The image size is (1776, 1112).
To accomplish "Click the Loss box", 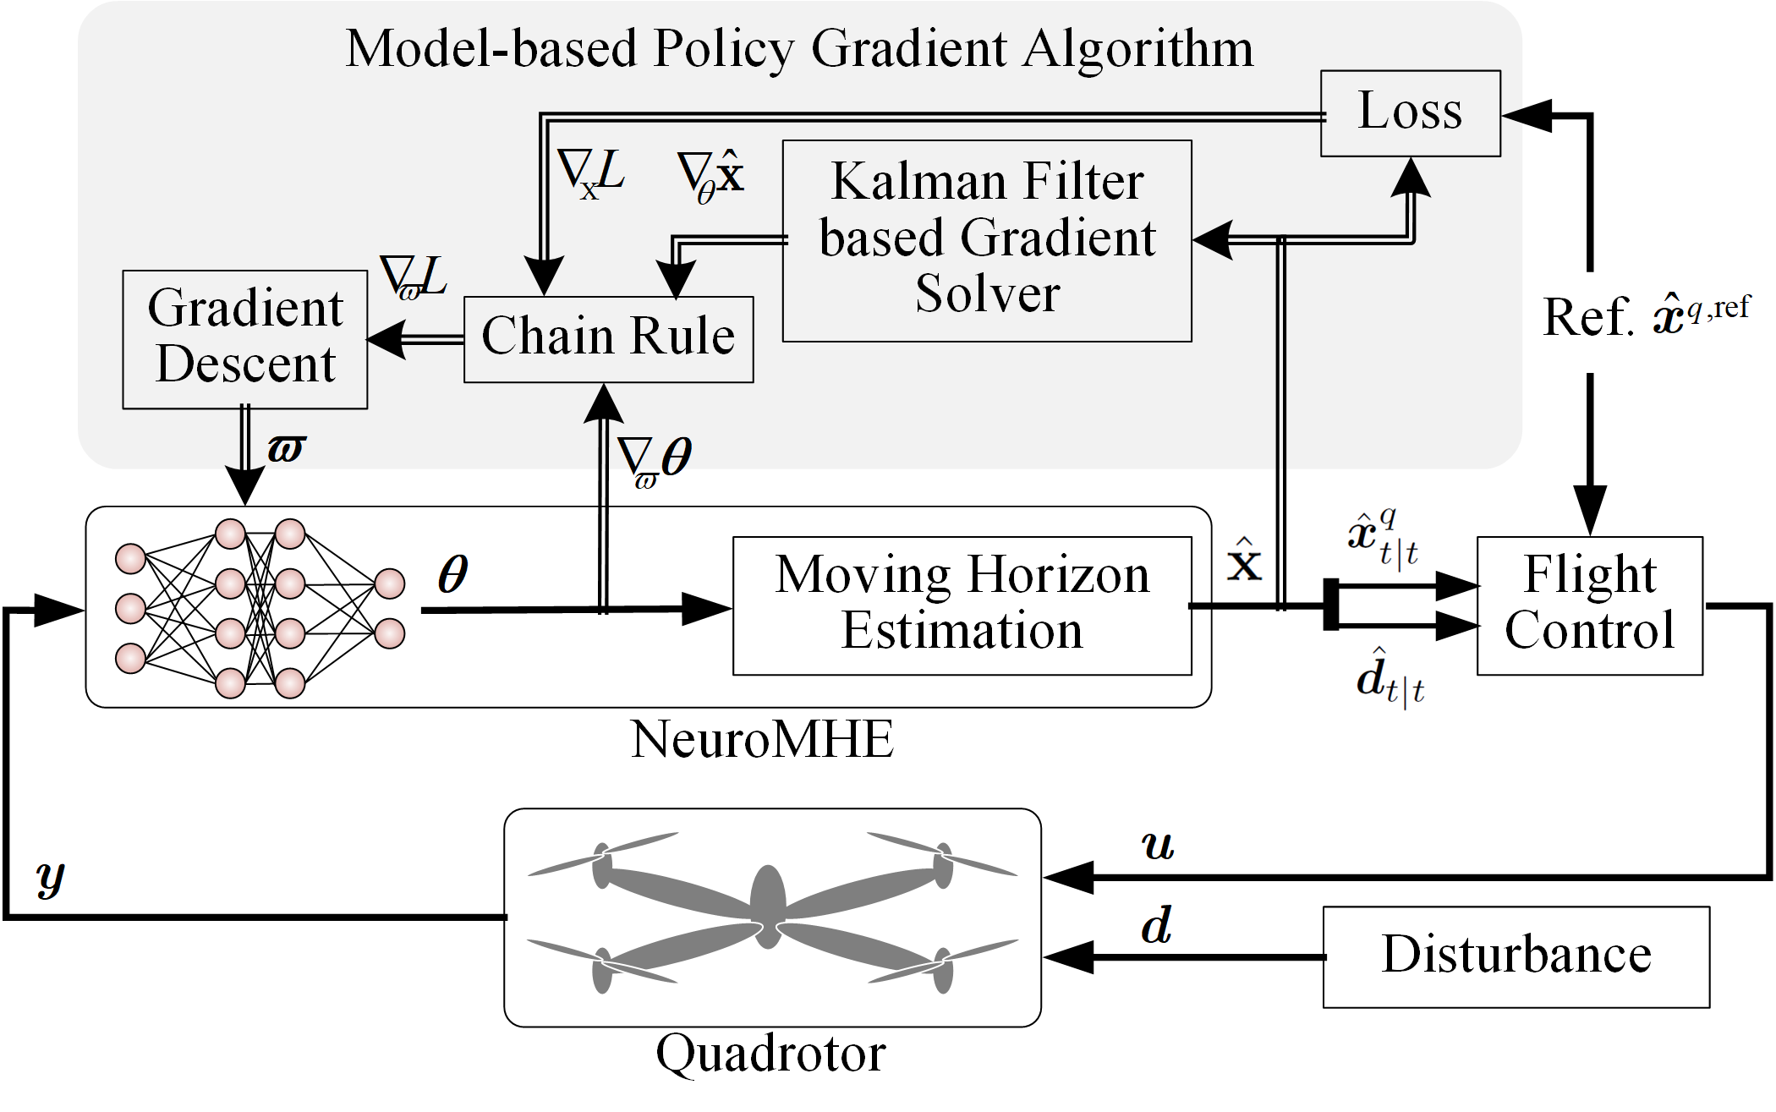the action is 1411,113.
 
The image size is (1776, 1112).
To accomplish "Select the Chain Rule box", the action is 609,339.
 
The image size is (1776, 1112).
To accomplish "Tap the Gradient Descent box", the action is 245,340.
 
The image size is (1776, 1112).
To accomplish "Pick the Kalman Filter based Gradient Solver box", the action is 987,241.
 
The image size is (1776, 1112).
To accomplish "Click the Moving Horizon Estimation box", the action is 962,605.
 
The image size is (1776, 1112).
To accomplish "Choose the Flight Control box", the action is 1590,605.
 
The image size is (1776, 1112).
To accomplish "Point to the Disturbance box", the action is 1516,957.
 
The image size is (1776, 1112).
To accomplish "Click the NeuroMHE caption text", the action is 762,739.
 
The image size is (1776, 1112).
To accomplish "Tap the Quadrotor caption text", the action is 771,1054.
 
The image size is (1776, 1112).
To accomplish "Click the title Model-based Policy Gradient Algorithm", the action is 799,48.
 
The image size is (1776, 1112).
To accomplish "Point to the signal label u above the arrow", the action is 1158,846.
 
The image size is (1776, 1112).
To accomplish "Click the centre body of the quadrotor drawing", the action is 768,906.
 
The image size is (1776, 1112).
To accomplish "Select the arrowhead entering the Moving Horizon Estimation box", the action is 707,608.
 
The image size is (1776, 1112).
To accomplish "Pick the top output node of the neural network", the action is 389,583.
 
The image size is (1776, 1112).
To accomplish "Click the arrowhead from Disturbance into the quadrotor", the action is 1068,957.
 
